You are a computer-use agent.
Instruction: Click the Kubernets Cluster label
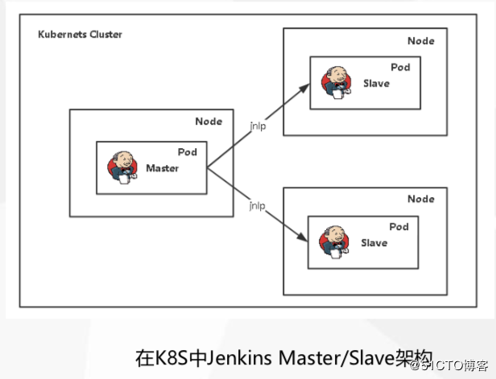(x=81, y=35)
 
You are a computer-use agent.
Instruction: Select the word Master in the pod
(x=163, y=168)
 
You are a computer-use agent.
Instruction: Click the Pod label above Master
(x=188, y=152)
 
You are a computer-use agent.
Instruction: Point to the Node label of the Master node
(x=209, y=122)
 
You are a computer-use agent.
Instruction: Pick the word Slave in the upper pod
(x=376, y=83)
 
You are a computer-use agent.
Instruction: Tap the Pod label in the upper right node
(x=400, y=68)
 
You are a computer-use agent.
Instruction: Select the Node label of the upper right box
(x=421, y=40)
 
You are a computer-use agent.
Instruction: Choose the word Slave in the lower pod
(x=374, y=243)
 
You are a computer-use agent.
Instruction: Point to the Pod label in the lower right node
(x=400, y=228)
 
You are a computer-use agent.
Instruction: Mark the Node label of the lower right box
(x=421, y=199)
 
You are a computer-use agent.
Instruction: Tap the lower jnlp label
(x=258, y=206)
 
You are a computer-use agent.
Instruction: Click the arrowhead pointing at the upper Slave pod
(x=304, y=85)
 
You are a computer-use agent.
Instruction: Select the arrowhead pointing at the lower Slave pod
(x=304, y=241)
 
